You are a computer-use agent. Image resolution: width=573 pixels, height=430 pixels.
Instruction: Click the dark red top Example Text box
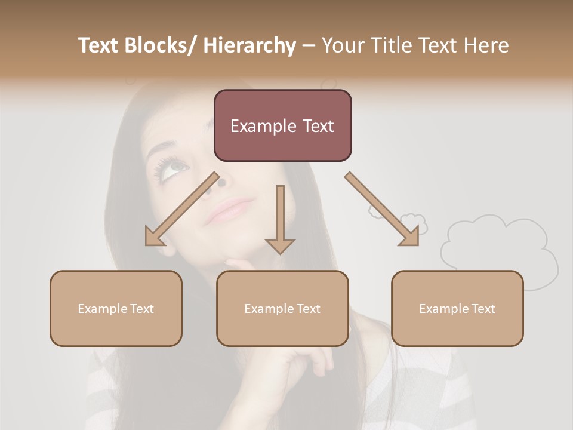click(282, 125)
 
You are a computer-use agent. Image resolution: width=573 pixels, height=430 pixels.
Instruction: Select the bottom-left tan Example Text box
click(116, 308)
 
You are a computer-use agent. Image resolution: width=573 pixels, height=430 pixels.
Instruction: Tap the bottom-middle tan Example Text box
click(282, 308)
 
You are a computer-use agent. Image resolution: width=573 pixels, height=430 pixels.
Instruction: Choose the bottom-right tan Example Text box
click(457, 308)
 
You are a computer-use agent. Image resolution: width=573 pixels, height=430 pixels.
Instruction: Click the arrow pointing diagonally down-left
click(181, 210)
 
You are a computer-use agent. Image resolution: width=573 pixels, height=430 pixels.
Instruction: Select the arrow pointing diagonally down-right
click(382, 209)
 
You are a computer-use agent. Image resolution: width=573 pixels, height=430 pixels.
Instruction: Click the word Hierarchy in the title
click(249, 45)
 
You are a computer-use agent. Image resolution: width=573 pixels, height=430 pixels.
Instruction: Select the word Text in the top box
click(316, 126)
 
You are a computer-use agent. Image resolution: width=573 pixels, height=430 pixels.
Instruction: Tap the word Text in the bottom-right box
click(483, 309)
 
